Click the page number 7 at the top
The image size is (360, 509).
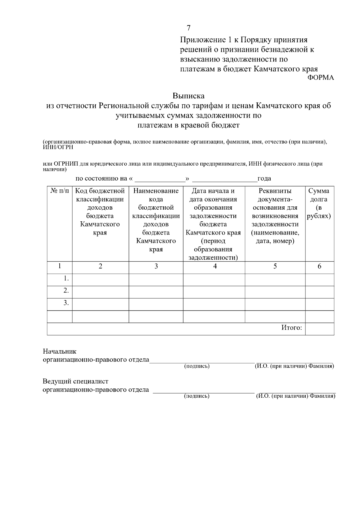coord(188,28)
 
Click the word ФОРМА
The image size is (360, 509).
coord(321,78)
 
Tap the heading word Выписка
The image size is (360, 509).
coord(188,96)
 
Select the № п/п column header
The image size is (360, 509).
coord(59,191)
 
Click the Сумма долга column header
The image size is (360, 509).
coord(319,203)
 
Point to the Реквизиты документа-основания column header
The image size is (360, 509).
coord(275,216)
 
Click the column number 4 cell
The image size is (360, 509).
coord(215,266)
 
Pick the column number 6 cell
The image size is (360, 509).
coord(319,266)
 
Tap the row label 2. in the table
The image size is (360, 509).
coord(66,291)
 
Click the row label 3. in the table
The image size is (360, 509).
coord(66,303)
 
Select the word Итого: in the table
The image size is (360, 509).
coord(291,328)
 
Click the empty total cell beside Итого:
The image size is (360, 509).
coord(319,329)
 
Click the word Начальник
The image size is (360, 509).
coord(59,352)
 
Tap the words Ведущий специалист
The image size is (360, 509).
coord(75,382)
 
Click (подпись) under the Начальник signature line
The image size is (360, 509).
coord(196,366)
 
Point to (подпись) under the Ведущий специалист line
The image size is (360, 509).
coord(196,396)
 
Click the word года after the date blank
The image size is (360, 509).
coord(264,179)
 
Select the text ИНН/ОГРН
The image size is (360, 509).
coord(58,147)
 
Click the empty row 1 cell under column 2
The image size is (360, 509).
coord(100,279)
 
